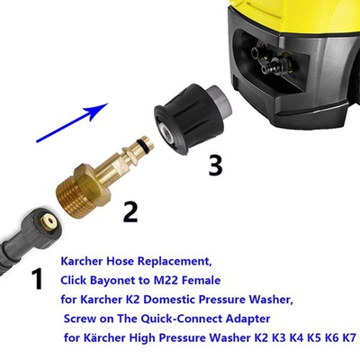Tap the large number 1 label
(37, 279)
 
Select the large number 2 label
(130, 211)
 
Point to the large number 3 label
(215, 166)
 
